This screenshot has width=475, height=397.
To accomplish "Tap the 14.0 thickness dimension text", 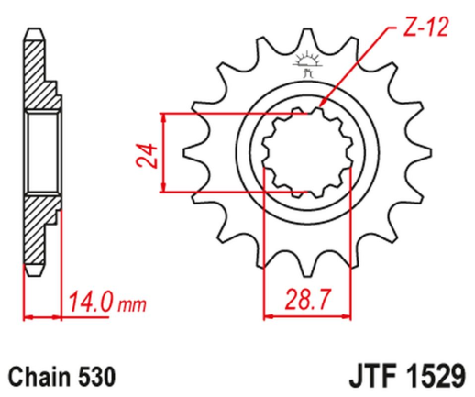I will point(85,299).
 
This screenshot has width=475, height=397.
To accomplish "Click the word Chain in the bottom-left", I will point(33,376).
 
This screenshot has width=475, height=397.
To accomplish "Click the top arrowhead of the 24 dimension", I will point(162,118).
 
